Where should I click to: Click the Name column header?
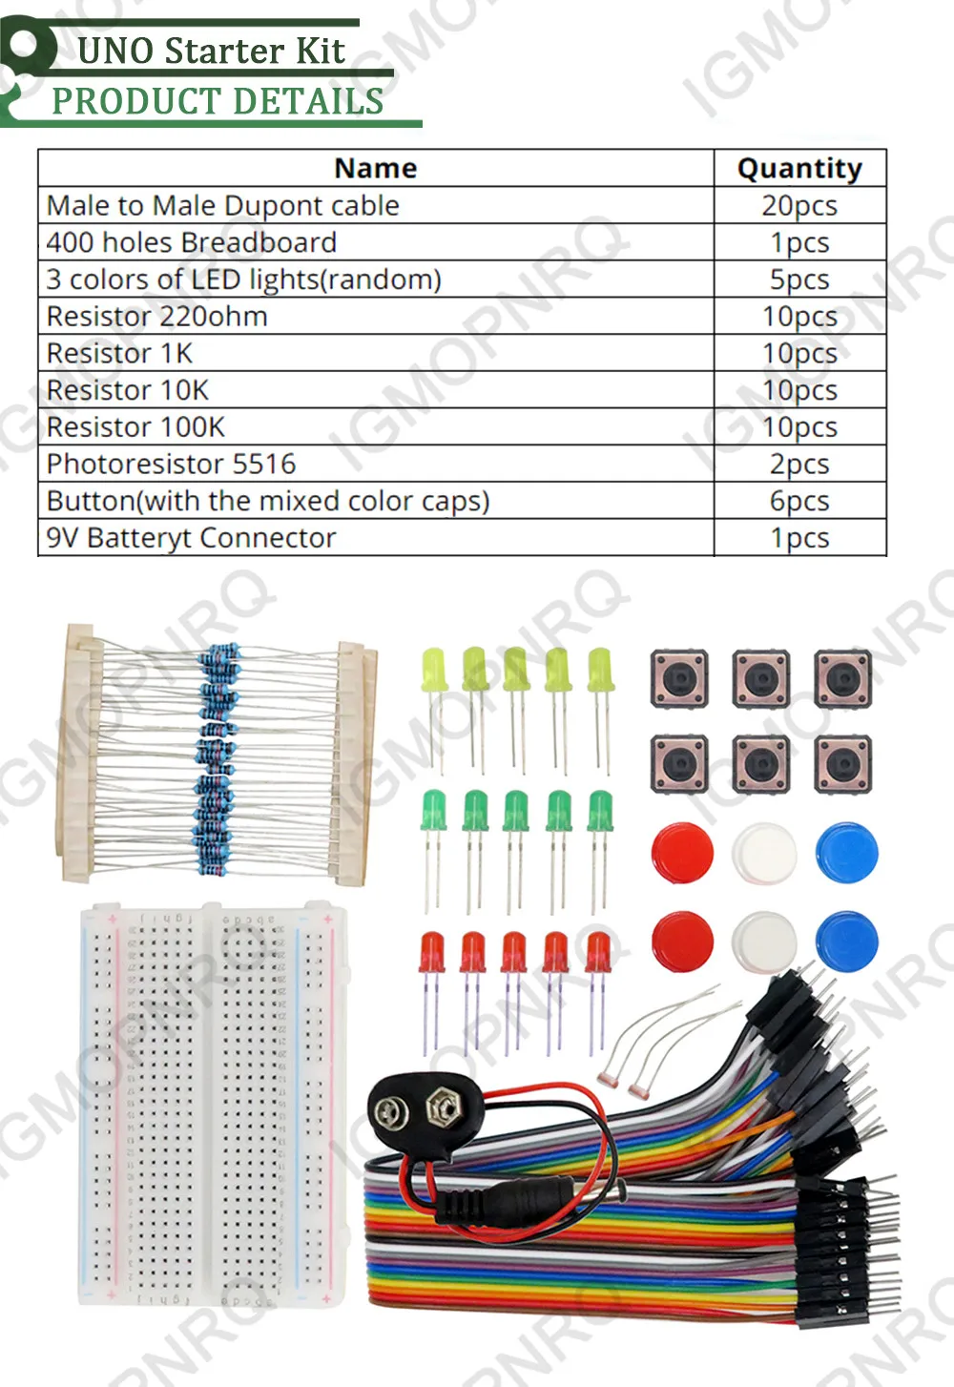(376, 168)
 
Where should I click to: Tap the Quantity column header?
(799, 168)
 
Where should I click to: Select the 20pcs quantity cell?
(799, 205)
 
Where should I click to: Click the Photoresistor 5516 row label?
(172, 464)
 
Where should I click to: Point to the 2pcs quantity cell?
(799, 464)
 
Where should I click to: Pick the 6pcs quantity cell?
(799, 501)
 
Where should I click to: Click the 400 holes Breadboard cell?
(192, 242)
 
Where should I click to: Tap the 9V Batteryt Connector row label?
(192, 538)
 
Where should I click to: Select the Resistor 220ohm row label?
(157, 316)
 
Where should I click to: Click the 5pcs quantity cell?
(799, 279)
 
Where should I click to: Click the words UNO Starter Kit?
(211, 52)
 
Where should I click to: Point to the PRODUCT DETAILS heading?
(218, 101)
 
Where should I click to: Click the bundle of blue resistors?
(218, 754)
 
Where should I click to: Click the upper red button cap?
(682, 852)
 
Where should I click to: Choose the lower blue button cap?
(847, 940)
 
